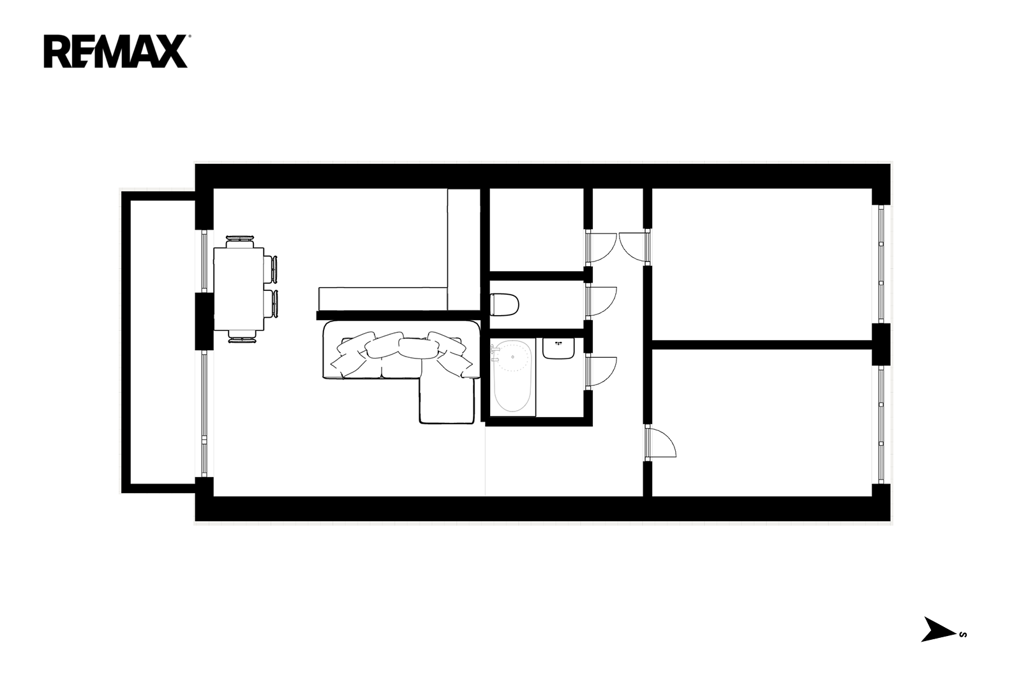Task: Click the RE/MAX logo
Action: click(x=116, y=52)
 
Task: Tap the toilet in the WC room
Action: click(x=505, y=304)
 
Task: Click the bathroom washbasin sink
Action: click(x=558, y=348)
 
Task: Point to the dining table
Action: click(x=239, y=288)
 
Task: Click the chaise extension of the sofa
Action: click(x=446, y=400)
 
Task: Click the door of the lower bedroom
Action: click(x=661, y=441)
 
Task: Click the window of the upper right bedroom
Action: click(x=881, y=264)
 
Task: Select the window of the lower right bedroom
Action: click(x=881, y=424)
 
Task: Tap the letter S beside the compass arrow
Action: click(x=963, y=634)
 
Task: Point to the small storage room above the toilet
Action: click(x=537, y=230)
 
